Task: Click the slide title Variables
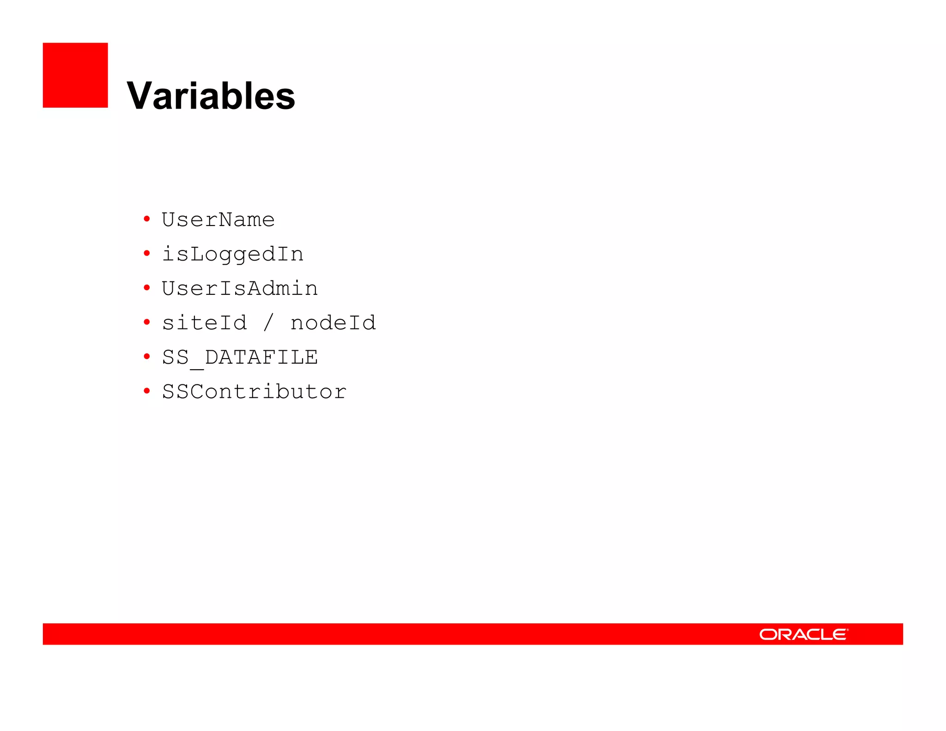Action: pyautogui.click(x=211, y=96)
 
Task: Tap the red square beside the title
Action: pyautogui.click(x=75, y=75)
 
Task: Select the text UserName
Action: pyautogui.click(x=218, y=219)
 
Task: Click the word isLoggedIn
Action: pyautogui.click(x=232, y=254)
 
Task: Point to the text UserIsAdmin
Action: pyautogui.click(x=239, y=288)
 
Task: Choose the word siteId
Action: pyautogui.click(x=204, y=323)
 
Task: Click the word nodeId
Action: pyautogui.click(x=333, y=323)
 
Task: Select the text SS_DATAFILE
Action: pyautogui.click(x=239, y=357)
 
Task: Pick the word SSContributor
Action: pyautogui.click(x=254, y=392)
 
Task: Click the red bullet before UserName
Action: pyautogui.click(x=147, y=219)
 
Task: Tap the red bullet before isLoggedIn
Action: pyautogui.click(x=147, y=253)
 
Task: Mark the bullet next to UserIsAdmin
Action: pyautogui.click(x=147, y=288)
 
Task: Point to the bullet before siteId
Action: pyautogui.click(x=147, y=322)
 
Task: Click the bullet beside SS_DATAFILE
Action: pyautogui.click(x=147, y=356)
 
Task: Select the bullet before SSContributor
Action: pyautogui.click(x=147, y=391)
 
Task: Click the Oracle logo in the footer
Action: pyautogui.click(x=803, y=634)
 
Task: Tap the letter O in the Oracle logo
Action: pyautogui.click(x=769, y=634)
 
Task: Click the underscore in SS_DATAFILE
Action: pyautogui.click(x=197, y=367)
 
